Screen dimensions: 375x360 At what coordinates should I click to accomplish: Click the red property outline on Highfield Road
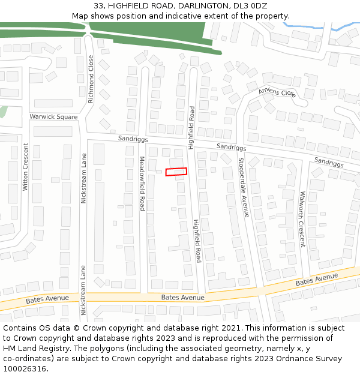tap(176, 172)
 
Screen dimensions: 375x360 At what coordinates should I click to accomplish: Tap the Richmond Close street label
tap(91, 79)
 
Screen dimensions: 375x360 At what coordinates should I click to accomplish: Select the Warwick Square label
tap(53, 117)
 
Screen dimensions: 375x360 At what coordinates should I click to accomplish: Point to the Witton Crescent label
tap(25, 167)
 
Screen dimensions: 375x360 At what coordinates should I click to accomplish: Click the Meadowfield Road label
tap(142, 183)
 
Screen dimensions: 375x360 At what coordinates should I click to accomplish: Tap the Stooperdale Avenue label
tap(243, 187)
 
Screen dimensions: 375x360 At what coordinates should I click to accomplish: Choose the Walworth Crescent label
tap(302, 219)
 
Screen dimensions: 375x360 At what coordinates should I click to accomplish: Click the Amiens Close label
tap(277, 93)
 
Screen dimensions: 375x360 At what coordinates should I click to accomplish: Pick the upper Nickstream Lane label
tap(84, 178)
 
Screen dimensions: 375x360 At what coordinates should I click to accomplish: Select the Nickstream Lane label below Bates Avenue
tap(83, 290)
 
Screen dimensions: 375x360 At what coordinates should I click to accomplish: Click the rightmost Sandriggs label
tap(329, 162)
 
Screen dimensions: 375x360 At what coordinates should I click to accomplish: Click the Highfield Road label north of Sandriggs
tap(191, 127)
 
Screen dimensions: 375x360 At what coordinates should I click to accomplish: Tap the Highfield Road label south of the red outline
tap(197, 240)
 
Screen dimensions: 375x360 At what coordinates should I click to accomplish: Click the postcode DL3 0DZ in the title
tap(250, 5)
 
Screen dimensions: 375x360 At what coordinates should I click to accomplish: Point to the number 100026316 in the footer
tap(25, 369)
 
